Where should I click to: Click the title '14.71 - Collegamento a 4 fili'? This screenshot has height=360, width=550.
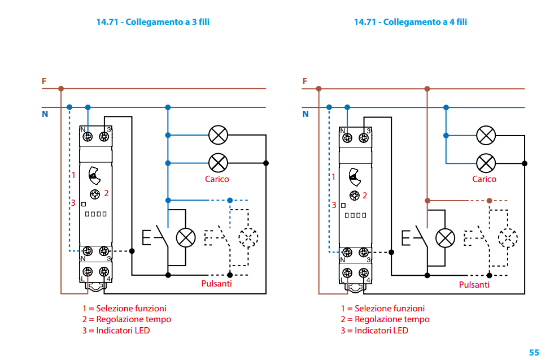(x=411, y=22)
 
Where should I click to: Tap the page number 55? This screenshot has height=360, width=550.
(x=534, y=352)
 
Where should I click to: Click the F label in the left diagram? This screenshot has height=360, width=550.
(x=44, y=81)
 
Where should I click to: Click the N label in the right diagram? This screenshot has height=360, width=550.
(x=305, y=114)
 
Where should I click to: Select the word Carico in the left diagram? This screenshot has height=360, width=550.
(x=217, y=179)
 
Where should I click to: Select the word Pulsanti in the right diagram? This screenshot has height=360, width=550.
(x=474, y=285)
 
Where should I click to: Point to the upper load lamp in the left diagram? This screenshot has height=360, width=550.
(x=218, y=135)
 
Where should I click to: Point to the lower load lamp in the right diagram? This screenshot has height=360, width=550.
(x=486, y=163)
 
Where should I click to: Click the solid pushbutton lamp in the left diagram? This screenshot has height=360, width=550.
(x=186, y=237)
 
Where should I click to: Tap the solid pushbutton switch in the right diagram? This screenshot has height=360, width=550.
(x=416, y=237)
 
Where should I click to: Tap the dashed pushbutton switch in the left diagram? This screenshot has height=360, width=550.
(x=217, y=237)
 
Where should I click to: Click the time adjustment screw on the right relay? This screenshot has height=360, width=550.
(x=354, y=196)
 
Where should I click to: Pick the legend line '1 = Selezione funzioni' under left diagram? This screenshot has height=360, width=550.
(x=124, y=309)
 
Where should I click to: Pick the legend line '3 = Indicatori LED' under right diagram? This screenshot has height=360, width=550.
(x=374, y=330)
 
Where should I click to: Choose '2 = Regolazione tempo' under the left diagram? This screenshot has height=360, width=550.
(x=126, y=319)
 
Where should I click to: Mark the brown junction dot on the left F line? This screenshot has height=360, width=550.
(x=61, y=89)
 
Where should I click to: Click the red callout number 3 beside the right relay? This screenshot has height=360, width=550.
(x=334, y=205)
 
